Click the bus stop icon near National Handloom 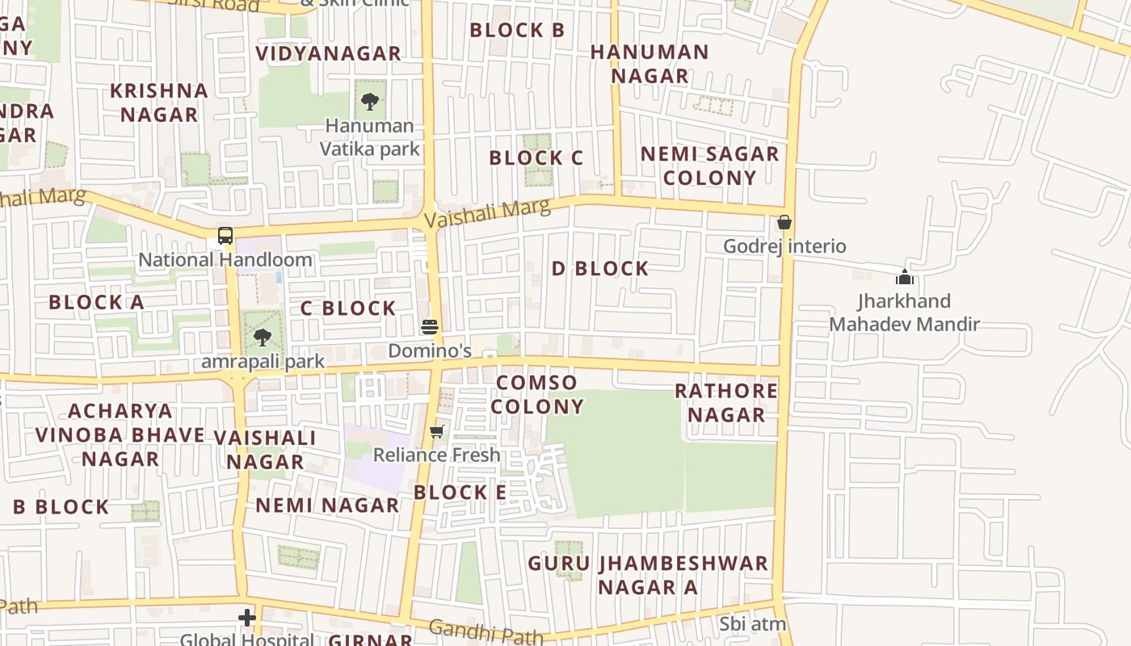[x=225, y=236]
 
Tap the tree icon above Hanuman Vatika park [x=370, y=102]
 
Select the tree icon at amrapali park [x=262, y=337]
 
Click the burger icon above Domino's [x=430, y=326]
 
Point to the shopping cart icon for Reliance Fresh [x=437, y=431]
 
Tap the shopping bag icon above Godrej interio [x=784, y=222]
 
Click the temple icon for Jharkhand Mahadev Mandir [x=904, y=278]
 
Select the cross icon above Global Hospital [x=247, y=619]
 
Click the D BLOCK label [x=599, y=269]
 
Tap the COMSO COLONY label [x=537, y=394]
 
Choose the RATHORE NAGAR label [x=725, y=402]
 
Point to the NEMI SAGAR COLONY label [x=710, y=166]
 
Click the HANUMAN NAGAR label [x=650, y=64]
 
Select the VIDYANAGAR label [x=328, y=54]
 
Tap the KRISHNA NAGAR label [x=159, y=103]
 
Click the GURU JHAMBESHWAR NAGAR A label [x=648, y=575]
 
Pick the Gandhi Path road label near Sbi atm [x=486, y=631]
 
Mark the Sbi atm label [x=753, y=624]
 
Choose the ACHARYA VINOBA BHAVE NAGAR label [x=120, y=434]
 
